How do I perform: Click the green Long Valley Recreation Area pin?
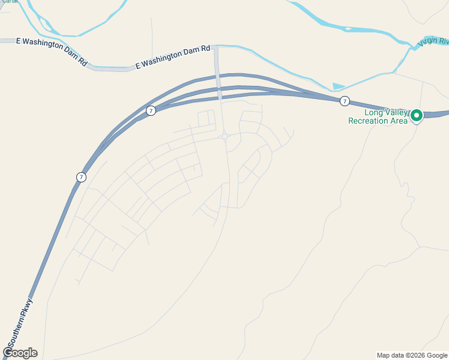pyautogui.click(x=416, y=115)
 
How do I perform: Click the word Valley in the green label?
pyautogui.click(x=396, y=112)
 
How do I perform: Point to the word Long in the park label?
pyautogui.click(x=374, y=112)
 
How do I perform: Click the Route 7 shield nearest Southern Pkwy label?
pyautogui.click(x=81, y=177)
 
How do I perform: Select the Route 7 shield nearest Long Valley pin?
pyautogui.click(x=344, y=101)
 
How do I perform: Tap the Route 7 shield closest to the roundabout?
pyautogui.click(x=151, y=110)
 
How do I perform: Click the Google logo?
pyautogui.click(x=20, y=353)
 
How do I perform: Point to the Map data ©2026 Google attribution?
pyautogui.click(x=412, y=355)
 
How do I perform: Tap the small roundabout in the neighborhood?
pyautogui.click(x=224, y=137)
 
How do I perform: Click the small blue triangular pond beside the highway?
pyautogui.click(x=339, y=86)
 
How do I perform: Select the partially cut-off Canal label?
pyautogui.click(x=8, y=1)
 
